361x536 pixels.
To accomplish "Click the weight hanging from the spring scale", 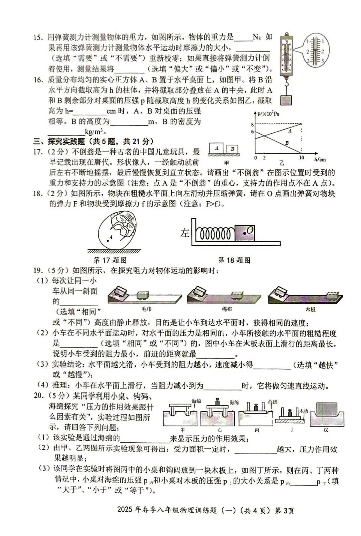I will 286,100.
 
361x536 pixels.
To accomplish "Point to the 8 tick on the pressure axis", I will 253,124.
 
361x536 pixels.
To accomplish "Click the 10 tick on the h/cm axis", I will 301,158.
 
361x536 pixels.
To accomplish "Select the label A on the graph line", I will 290,131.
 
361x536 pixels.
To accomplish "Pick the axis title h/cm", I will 320,159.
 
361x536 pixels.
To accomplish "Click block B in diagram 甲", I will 232,149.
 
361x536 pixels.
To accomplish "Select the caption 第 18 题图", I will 234,260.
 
